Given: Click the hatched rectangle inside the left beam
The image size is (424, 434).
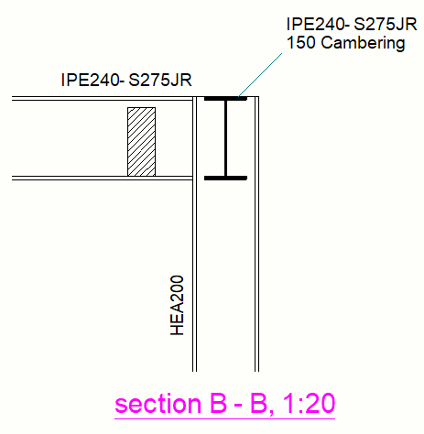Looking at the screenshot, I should click(141, 141).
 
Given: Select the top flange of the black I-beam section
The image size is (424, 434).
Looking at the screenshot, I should click(225, 99).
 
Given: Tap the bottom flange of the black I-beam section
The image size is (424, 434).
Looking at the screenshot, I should click(225, 177).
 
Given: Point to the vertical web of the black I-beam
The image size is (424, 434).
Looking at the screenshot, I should click(225, 137).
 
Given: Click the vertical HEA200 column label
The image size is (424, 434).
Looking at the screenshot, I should click(178, 305).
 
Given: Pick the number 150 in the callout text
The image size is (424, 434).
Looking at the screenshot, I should click(300, 42).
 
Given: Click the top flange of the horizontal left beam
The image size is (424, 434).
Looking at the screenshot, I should click(92, 99).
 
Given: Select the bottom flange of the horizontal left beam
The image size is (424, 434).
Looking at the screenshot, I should click(92, 177).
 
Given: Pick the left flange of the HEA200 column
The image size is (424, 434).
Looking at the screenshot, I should click(195, 275).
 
